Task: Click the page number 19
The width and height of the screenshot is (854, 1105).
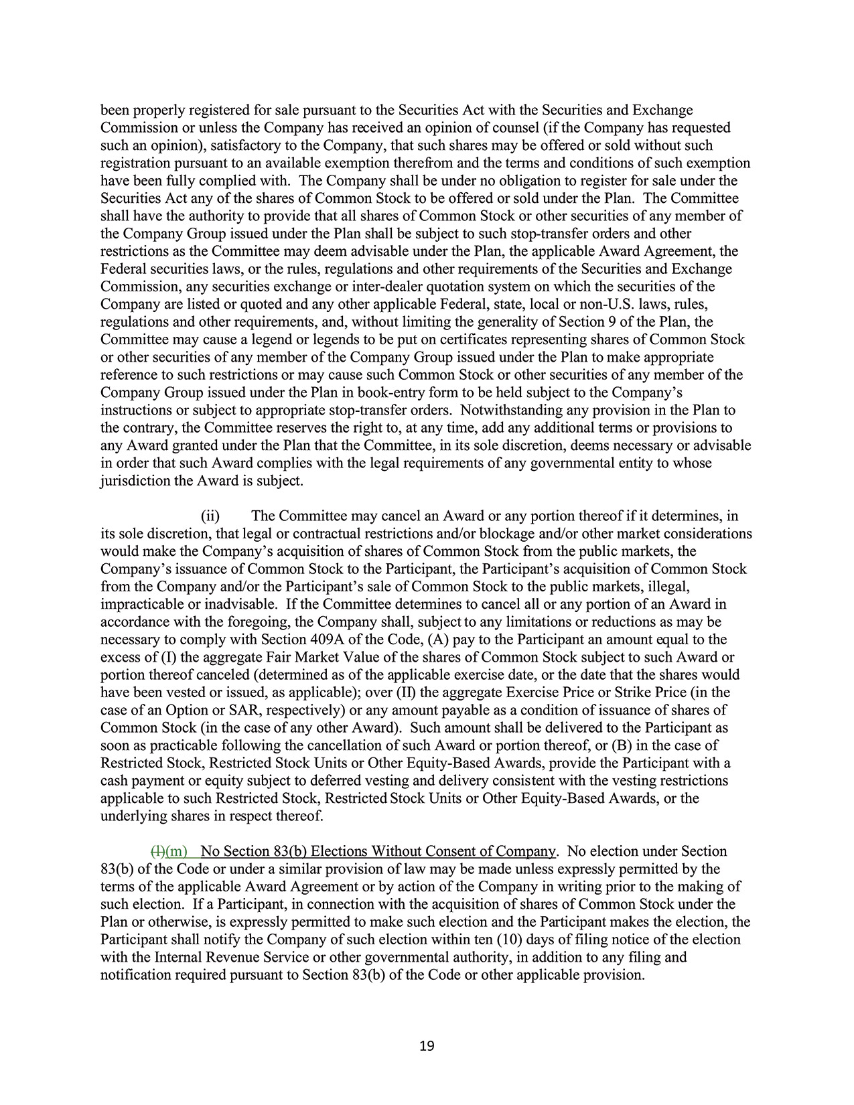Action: point(427,1046)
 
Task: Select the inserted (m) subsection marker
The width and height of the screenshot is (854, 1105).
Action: point(176,851)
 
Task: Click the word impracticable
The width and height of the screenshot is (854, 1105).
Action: point(140,604)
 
